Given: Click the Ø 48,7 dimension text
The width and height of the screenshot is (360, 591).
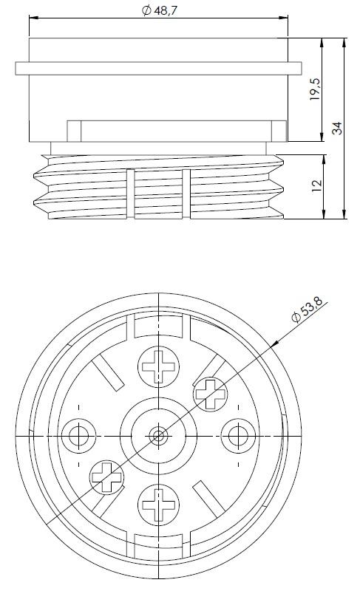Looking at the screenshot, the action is [159, 10].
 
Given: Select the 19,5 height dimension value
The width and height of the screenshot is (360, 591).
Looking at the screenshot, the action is [315, 89].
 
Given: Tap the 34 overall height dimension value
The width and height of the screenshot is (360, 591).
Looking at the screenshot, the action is [337, 128].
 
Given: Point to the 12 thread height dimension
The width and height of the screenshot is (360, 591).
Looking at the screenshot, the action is [317, 185].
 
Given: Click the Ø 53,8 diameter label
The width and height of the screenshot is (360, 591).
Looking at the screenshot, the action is [308, 309].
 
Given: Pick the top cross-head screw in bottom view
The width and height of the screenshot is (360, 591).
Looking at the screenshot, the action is [158, 366].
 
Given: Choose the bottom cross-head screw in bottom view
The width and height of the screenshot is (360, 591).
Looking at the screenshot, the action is [158, 505].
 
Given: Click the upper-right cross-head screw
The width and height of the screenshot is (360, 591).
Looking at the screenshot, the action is [211, 394].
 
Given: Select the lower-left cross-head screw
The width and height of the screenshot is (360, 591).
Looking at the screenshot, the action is [106, 477].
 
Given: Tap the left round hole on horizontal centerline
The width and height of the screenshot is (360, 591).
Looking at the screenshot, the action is [79, 436].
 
